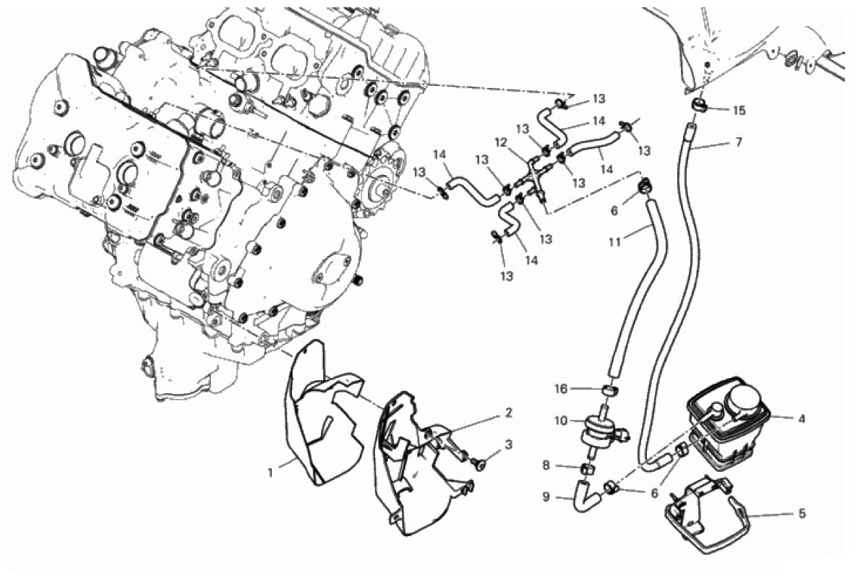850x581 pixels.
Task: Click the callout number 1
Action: [x=270, y=473]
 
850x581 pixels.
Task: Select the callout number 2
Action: [x=509, y=413]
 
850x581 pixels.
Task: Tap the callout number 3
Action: [x=509, y=444]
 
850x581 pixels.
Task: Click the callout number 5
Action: [x=802, y=515]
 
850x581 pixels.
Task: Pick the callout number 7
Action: [x=738, y=142]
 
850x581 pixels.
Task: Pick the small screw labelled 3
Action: [x=478, y=460]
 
